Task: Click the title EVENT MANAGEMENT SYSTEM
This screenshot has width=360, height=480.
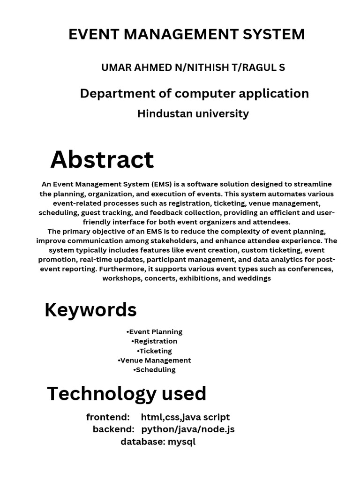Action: pyautogui.click(x=187, y=34)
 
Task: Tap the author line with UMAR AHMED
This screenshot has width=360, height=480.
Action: pyautogui.click(x=193, y=67)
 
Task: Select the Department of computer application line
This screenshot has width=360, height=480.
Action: pyautogui.click(x=194, y=93)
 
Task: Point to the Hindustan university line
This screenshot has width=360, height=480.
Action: pyautogui.click(x=193, y=113)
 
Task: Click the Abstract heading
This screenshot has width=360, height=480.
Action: pyautogui.click(x=102, y=159)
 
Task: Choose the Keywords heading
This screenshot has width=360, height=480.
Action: pyautogui.click(x=90, y=310)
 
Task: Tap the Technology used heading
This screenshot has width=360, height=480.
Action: pyautogui.click(x=127, y=394)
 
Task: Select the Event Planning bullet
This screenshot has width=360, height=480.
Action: pyautogui.click(x=154, y=332)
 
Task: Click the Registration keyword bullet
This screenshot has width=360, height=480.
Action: pyautogui.click(x=154, y=341)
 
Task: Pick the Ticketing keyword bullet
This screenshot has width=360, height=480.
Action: pyautogui.click(x=154, y=351)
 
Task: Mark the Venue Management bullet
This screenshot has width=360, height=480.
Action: pyautogui.click(x=154, y=360)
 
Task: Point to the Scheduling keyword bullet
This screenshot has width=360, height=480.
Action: pyautogui.click(x=154, y=370)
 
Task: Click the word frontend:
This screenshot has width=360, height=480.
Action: pyautogui.click(x=108, y=417)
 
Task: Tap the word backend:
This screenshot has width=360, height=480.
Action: pyautogui.click(x=113, y=429)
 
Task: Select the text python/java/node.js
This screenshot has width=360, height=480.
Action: pyautogui.click(x=188, y=429)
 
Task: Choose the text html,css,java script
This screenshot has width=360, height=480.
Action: pyautogui.click(x=185, y=417)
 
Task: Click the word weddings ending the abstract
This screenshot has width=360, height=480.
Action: pyautogui.click(x=255, y=278)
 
